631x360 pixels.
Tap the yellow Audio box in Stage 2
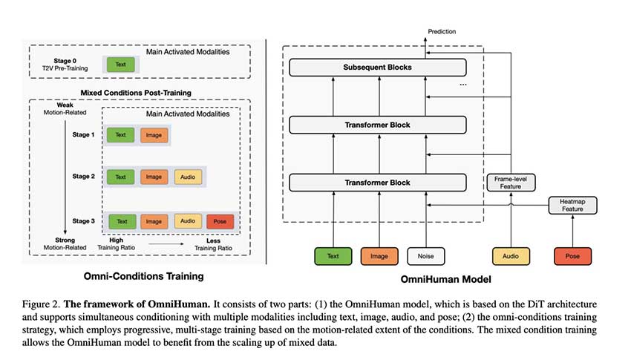[189, 177]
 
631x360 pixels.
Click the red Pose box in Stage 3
[220, 221]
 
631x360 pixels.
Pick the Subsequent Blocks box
[377, 68]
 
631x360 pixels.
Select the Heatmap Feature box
[566, 206]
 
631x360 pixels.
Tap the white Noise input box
[425, 257]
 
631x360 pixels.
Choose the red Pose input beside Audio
[572, 257]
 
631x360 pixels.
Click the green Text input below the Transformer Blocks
[332, 257]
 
